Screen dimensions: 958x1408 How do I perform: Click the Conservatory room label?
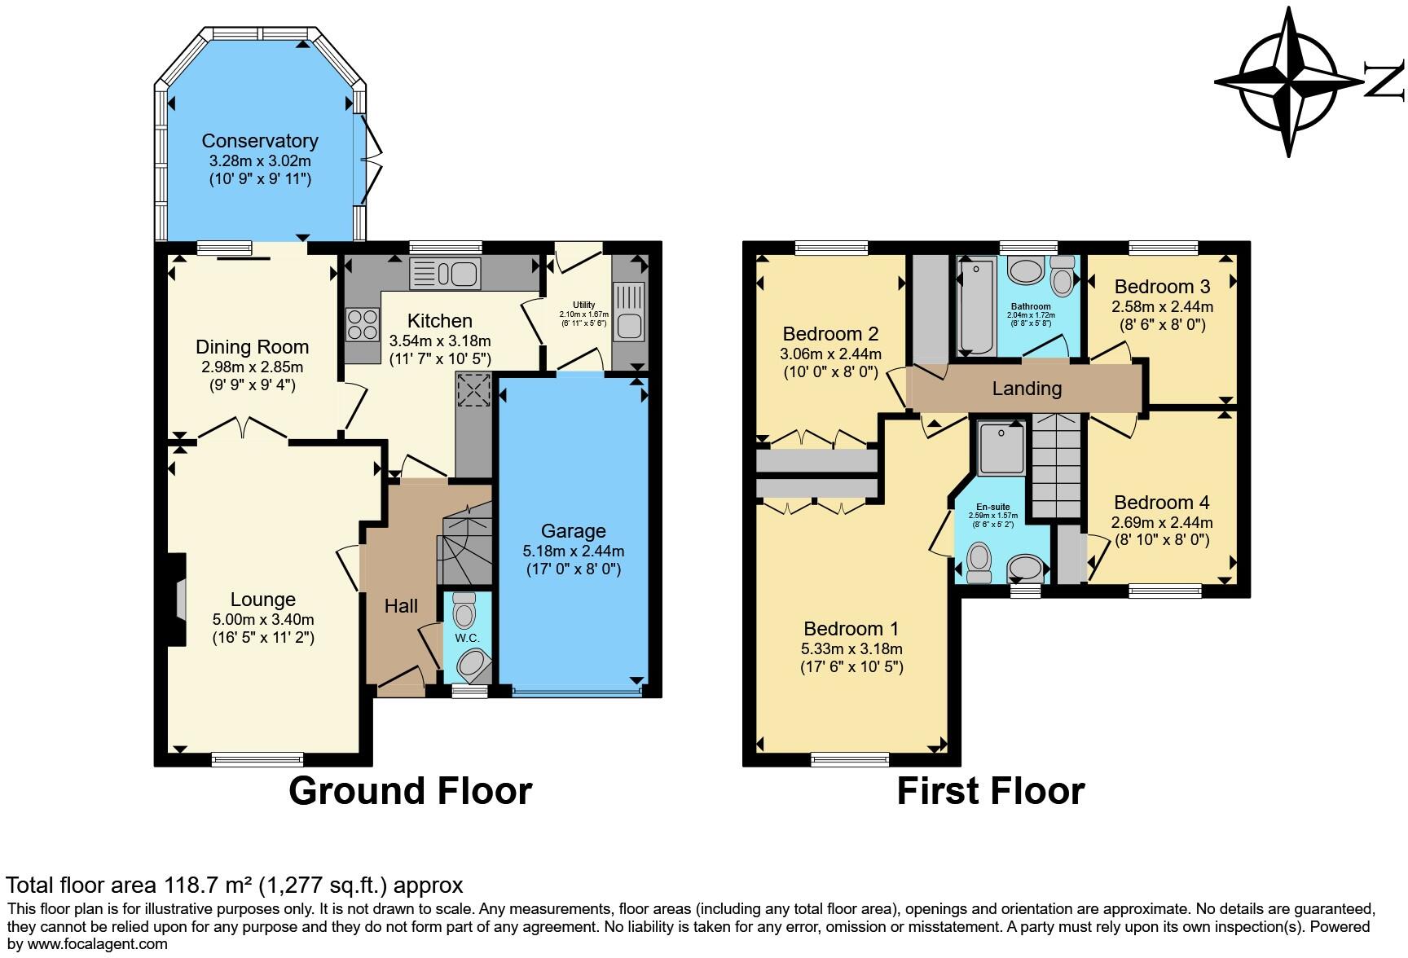259,141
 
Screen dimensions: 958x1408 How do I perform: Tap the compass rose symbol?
1289,81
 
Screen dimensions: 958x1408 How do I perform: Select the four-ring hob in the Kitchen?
363,324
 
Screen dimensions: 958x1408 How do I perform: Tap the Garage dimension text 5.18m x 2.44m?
574,552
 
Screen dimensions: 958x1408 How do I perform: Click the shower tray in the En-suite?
1001,448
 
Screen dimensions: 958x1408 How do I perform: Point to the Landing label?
1027,389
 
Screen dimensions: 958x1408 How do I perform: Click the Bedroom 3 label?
1162,287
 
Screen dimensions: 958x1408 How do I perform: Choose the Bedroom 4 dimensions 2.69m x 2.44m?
1162,523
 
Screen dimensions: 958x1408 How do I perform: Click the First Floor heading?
990,791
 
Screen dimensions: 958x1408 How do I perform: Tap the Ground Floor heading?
410,791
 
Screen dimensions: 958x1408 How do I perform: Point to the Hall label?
401,606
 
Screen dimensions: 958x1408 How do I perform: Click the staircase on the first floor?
1057,464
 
